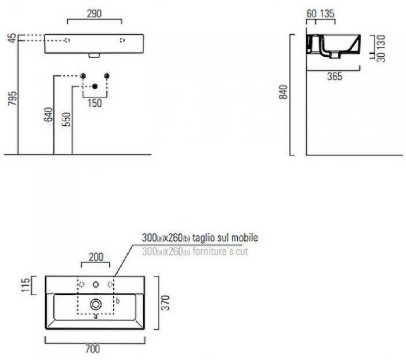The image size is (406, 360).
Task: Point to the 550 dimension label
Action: (x=66, y=118)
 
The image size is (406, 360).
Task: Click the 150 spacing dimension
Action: (x=95, y=103)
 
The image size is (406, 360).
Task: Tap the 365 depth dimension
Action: (x=333, y=77)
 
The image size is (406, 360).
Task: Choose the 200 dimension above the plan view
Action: (x=96, y=257)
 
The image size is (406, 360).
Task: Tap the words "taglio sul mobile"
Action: (x=226, y=238)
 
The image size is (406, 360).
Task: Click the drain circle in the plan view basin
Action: (x=96, y=304)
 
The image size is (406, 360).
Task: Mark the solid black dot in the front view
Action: (x=95, y=87)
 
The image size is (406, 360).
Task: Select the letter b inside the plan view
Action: (x=118, y=301)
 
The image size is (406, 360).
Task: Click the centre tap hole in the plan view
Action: (x=96, y=285)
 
